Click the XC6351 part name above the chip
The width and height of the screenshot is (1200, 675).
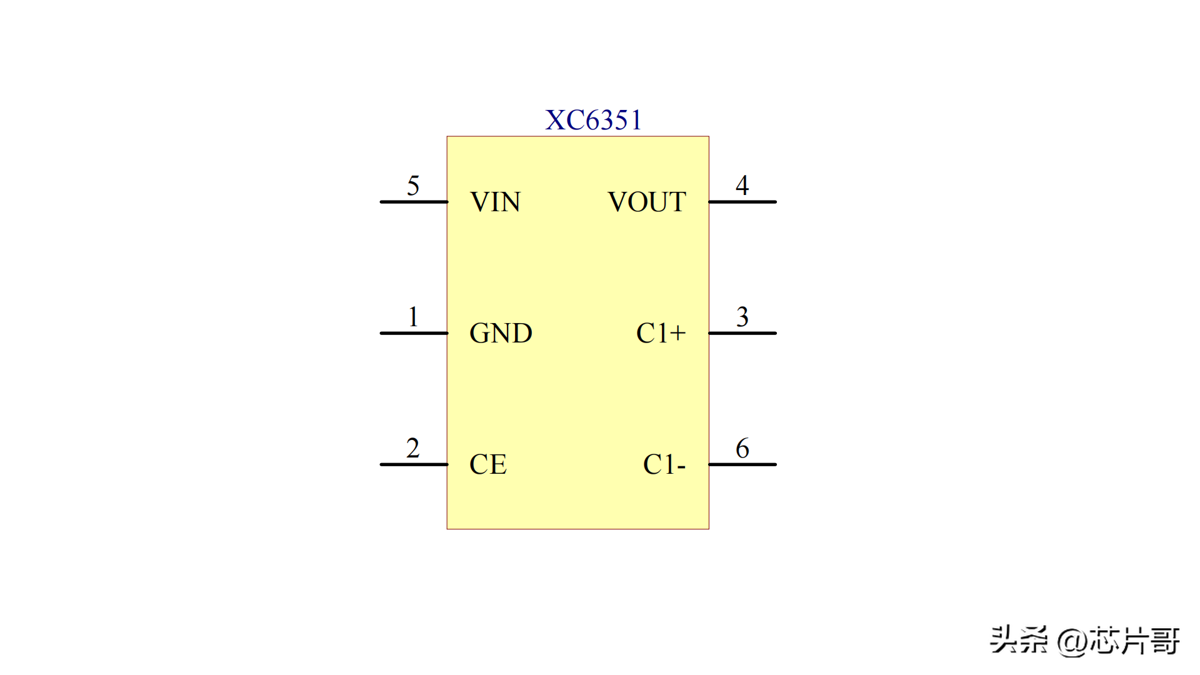point(593,120)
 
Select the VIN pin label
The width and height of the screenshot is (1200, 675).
point(495,202)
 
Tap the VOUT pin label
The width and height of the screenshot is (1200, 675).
point(647,202)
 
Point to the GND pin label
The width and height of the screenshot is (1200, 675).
point(501,333)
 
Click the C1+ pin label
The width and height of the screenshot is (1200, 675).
point(661,333)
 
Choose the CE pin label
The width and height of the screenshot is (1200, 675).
point(487,464)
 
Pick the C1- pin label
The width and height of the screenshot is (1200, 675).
point(664,464)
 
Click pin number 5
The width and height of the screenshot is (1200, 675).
point(413,186)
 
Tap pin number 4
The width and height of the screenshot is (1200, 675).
point(742,185)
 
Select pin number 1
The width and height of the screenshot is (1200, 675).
point(413,317)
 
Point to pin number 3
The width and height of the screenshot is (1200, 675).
point(742,317)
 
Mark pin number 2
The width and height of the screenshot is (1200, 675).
point(412,448)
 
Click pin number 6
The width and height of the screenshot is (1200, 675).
point(742,448)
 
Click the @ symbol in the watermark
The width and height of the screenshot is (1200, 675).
point(1071,641)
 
